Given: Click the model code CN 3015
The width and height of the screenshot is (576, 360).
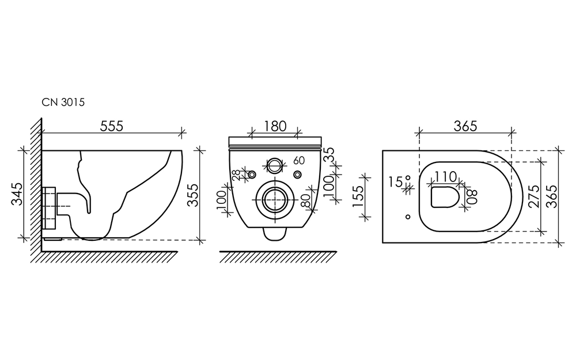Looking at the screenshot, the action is click(63, 102).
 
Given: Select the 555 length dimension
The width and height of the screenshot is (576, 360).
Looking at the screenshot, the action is click(112, 126).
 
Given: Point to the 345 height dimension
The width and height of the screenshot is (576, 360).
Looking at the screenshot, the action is click(17, 194).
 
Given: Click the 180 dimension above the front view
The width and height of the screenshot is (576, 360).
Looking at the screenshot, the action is click(275, 126).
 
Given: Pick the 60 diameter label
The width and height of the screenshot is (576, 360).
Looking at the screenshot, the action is click(299, 161).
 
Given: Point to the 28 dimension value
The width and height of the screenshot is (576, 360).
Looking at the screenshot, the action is click(236, 175).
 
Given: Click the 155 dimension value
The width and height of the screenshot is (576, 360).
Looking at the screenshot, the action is click(358, 196).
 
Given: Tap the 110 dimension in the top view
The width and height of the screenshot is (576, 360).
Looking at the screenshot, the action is click(446, 177).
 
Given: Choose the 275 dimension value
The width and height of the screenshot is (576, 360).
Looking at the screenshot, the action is click(535, 196).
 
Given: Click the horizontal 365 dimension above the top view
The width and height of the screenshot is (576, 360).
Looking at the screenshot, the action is click(465, 126).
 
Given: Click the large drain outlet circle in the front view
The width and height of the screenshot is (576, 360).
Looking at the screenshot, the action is click(275, 199).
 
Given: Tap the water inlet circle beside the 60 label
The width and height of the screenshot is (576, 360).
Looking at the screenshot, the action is click(274, 165).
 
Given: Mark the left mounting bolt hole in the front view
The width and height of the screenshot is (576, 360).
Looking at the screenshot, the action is click(252, 175).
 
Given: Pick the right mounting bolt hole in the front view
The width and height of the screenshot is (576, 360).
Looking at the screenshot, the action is click(298, 175).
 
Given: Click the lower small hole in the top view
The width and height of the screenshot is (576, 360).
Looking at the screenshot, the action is click(408, 217).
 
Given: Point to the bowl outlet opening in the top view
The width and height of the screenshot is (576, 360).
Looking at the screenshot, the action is click(445, 197).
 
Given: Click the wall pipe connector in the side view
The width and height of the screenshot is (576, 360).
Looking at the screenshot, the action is click(49, 207).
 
